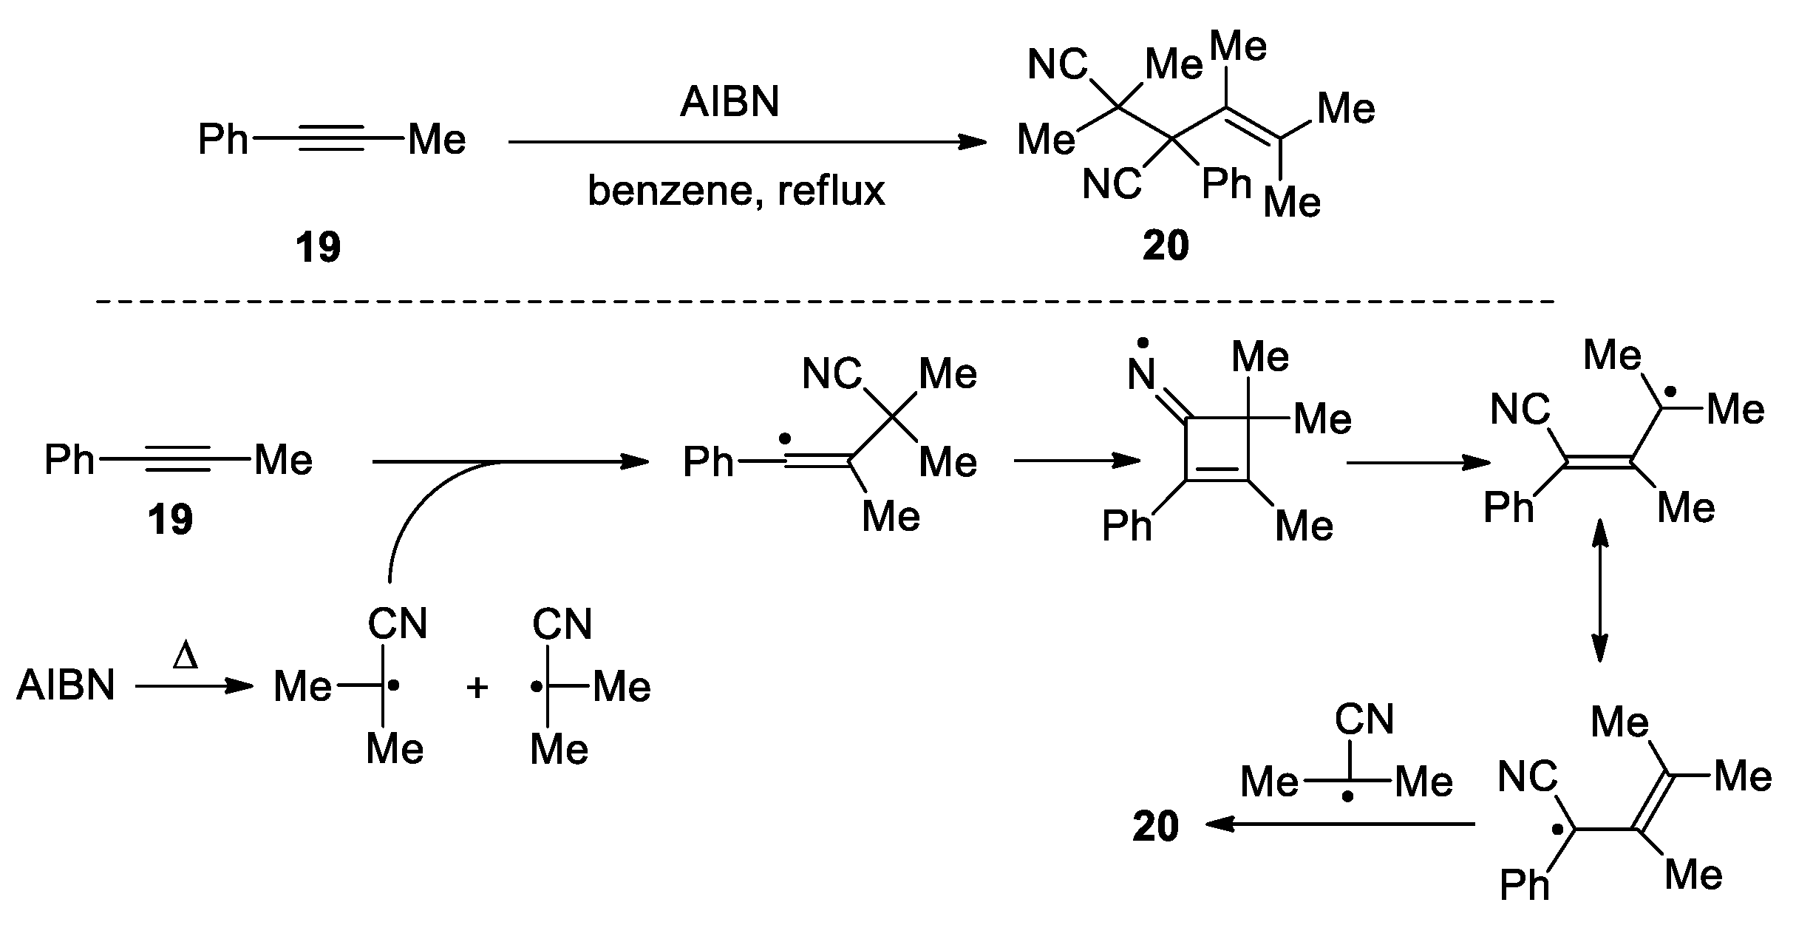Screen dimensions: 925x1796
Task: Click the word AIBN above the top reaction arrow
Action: click(729, 101)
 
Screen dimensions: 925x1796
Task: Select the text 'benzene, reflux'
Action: click(735, 191)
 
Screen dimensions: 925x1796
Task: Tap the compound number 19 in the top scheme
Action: click(318, 247)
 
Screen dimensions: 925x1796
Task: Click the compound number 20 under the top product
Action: click(1166, 245)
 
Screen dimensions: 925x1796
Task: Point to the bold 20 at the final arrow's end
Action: click(1155, 826)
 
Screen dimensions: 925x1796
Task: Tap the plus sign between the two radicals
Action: click(477, 688)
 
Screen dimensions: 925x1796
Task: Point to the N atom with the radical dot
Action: click(1142, 376)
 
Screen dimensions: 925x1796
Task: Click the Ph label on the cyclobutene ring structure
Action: click(1126, 526)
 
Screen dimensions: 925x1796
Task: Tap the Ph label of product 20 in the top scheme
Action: click(1226, 183)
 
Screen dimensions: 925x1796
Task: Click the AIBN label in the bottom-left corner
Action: click(66, 686)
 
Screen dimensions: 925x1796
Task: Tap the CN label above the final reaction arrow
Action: click(1364, 719)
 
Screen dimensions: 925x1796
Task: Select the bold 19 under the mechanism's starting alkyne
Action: click(170, 519)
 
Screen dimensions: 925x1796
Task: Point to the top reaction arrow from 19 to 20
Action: click(746, 142)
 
